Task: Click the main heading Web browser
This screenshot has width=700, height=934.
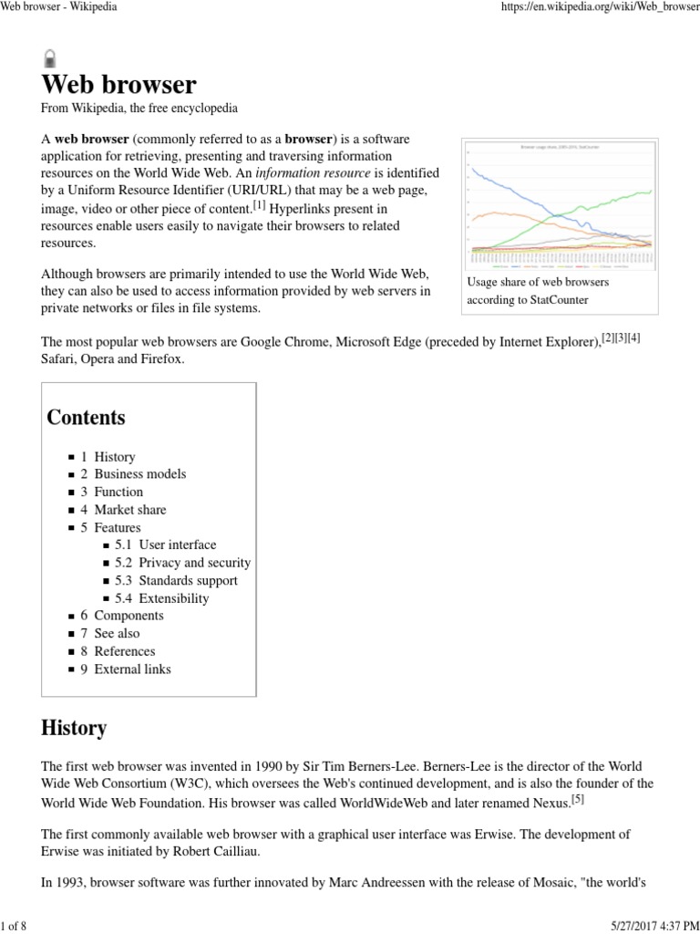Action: click(118, 85)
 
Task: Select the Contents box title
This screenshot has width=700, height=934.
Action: click(86, 418)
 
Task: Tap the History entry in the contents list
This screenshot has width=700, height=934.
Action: click(114, 456)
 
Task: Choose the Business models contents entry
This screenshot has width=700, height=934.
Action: click(139, 474)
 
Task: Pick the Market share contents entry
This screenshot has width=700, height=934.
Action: click(129, 510)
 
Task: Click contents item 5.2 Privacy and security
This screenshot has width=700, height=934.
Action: click(194, 563)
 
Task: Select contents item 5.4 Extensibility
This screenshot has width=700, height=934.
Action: click(173, 598)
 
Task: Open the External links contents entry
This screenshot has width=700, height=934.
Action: click(132, 669)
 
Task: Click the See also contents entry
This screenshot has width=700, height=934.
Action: click(117, 634)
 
